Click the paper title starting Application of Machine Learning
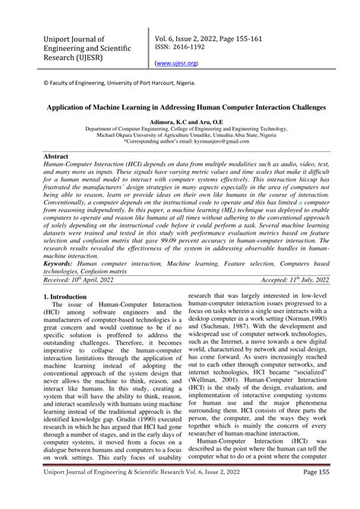pyautogui.click(x=179, y=109)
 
